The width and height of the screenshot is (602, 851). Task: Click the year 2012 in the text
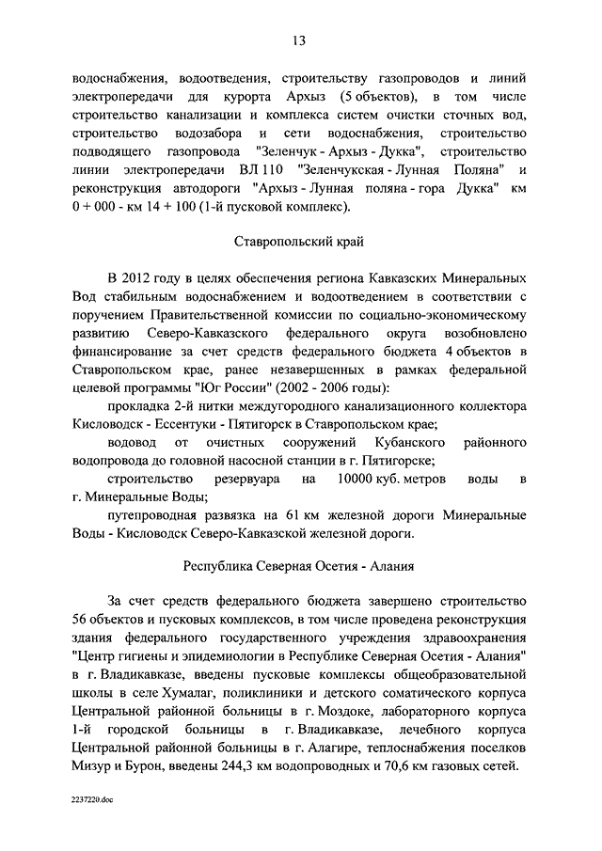(x=142, y=278)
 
